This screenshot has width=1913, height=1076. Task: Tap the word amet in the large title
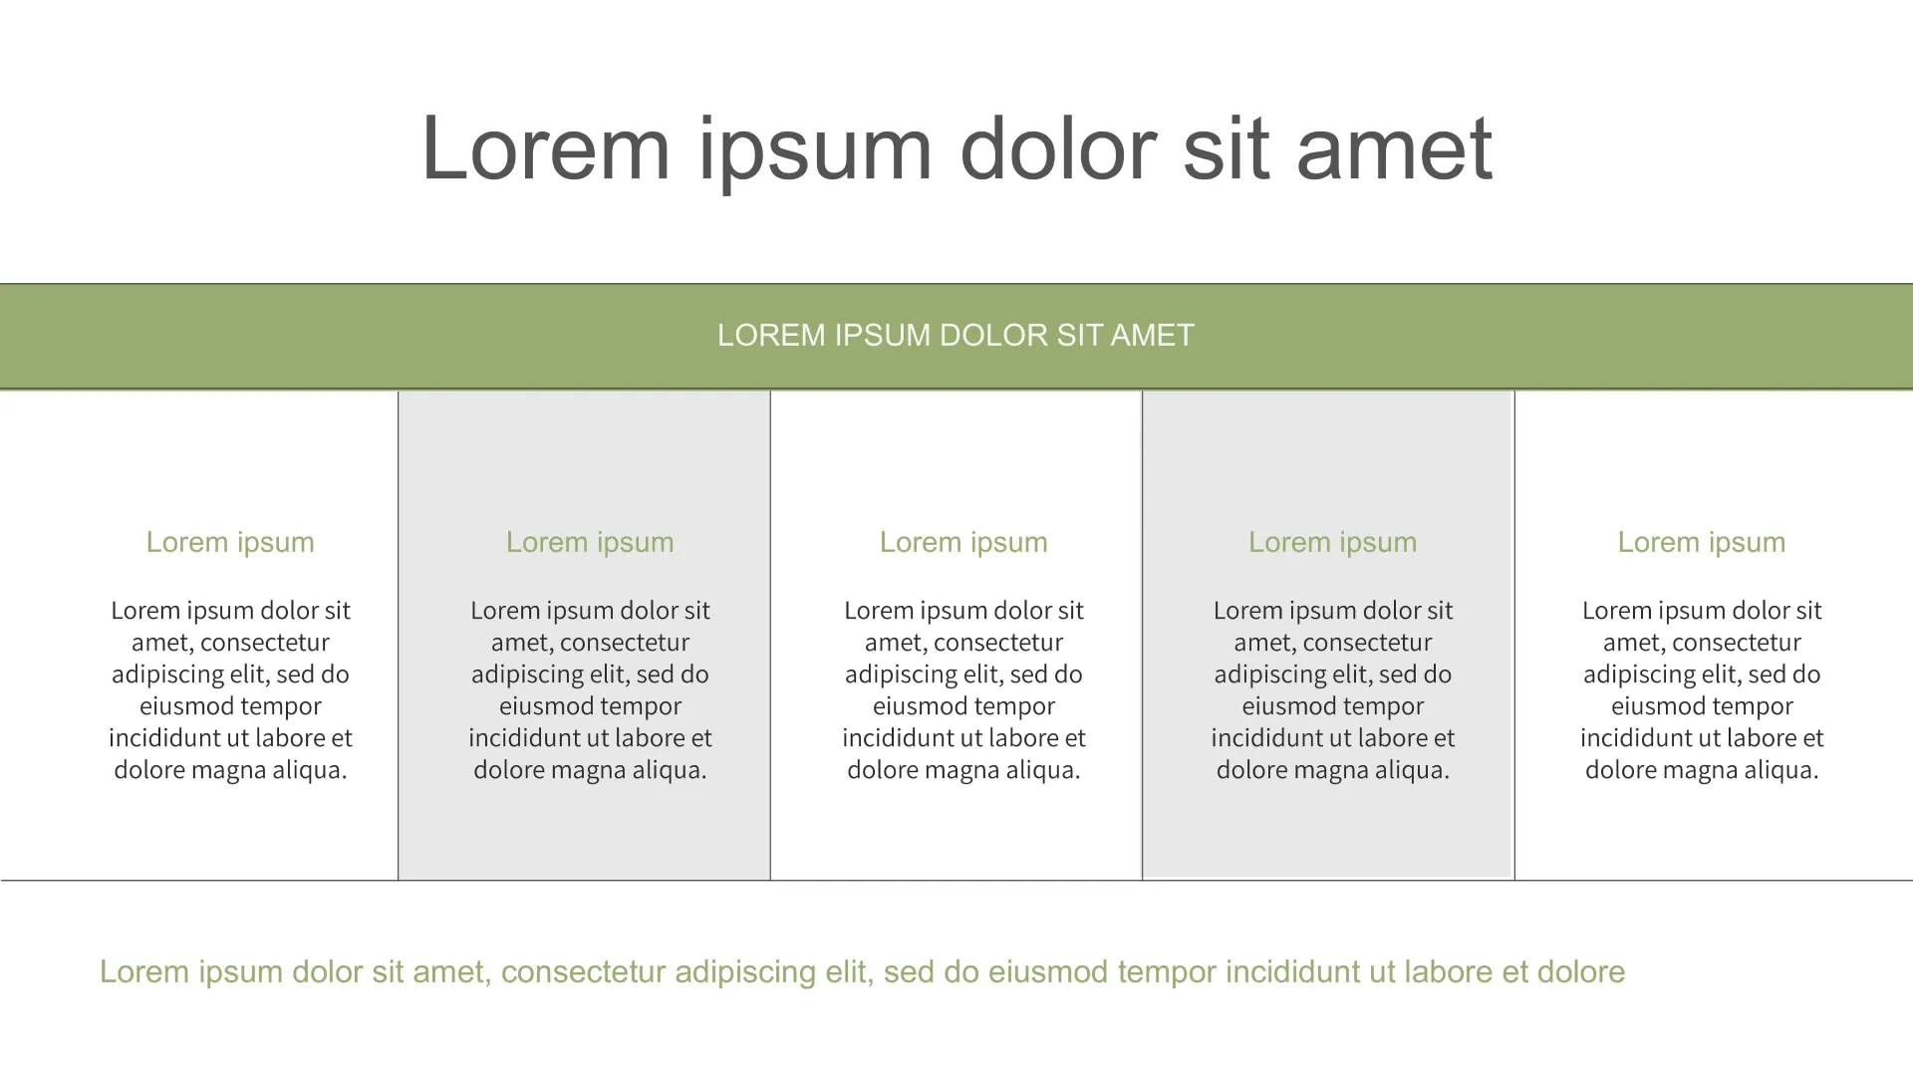tap(1394, 149)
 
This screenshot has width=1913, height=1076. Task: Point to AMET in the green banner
tap(1152, 335)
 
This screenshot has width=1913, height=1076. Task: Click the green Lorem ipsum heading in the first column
tap(230, 542)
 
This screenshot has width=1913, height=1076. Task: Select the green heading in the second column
tap(590, 542)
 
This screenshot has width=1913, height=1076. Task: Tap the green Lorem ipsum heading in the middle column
tap(963, 542)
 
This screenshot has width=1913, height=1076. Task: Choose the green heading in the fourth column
tap(1332, 542)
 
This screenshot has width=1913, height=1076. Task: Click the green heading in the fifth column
tap(1702, 542)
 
